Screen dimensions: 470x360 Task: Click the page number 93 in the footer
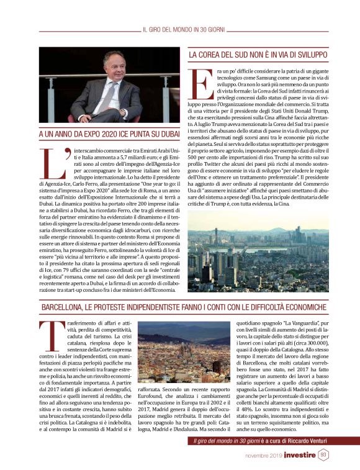tap(323, 455)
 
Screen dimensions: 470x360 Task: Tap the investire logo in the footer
tap(300, 455)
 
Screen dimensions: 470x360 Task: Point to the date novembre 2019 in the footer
tap(262, 456)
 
